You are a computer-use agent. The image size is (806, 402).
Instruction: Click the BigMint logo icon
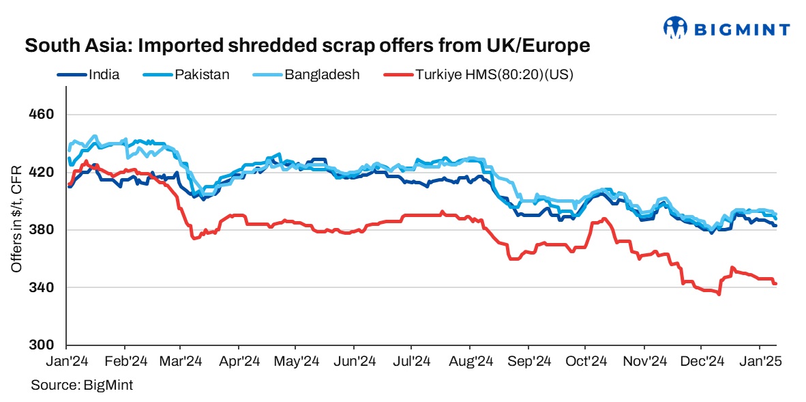(676, 27)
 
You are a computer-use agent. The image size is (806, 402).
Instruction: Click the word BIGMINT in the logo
(742, 29)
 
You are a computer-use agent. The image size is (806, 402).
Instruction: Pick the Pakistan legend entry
(201, 75)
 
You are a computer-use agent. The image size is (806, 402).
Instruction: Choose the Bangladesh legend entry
(322, 75)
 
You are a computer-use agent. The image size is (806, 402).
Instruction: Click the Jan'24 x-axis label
(67, 360)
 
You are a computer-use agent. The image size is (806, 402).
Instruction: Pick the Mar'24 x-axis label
(181, 360)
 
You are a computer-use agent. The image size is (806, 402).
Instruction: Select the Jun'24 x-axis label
(355, 360)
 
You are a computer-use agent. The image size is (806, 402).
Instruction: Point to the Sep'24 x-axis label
(529, 360)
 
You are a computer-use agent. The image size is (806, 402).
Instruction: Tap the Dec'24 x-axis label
(702, 360)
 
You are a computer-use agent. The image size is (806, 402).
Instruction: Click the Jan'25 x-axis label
(760, 360)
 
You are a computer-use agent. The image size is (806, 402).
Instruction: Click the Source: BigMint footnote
(82, 385)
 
